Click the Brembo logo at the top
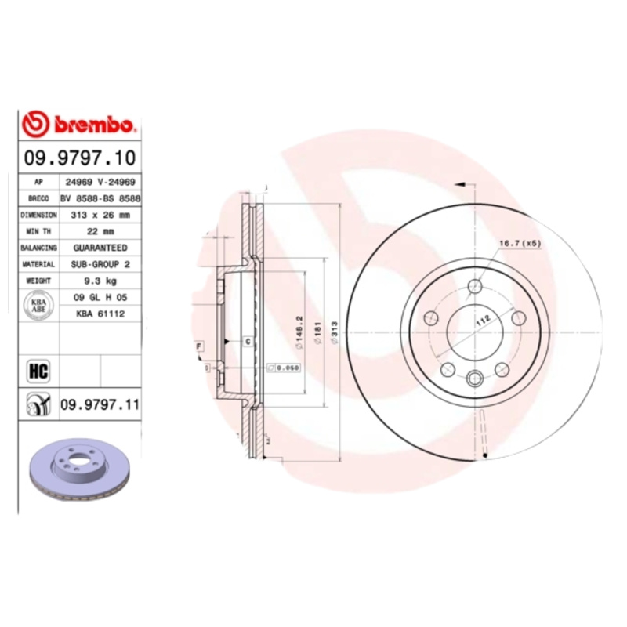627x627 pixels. click(80, 124)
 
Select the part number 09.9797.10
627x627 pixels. click(79, 158)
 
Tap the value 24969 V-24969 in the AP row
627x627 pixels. click(100, 181)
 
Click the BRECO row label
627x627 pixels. click(38, 198)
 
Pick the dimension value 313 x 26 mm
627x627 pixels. click(100, 214)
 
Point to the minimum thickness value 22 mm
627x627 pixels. click(100, 231)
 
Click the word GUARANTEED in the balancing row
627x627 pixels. click(100, 248)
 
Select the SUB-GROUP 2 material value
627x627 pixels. click(100, 264)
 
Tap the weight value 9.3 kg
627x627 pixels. click(100, 280)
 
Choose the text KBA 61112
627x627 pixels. click(100, 313)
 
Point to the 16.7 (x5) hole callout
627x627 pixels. click(520, 244)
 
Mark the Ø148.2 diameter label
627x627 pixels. click(299, 332)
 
